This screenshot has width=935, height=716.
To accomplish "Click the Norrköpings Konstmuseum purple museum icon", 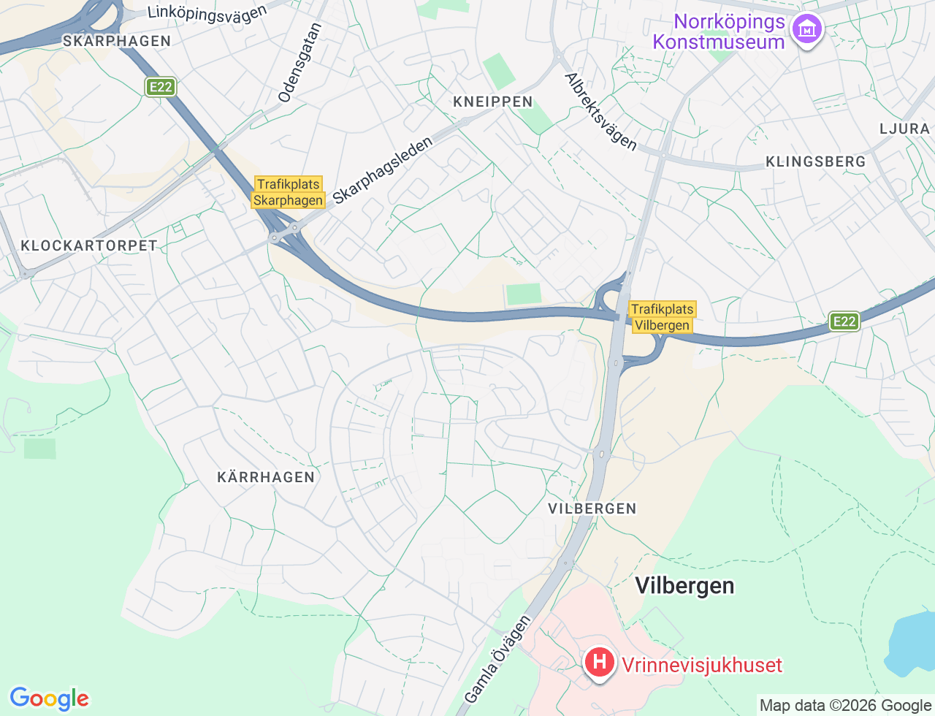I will tap(807, 30).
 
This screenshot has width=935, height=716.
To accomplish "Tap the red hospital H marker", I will tap(599, 663).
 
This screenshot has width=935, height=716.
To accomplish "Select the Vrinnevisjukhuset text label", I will tap(701, 665).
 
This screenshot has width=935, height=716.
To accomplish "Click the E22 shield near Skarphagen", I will tap(160, 88).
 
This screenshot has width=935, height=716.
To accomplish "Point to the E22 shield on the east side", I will tap(844, 321).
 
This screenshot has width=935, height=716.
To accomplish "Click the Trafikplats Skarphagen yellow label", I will tap(289, 192).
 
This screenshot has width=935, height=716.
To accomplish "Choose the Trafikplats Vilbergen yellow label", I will tap(662, 317).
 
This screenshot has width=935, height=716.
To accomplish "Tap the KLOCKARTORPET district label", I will tap(89, 245).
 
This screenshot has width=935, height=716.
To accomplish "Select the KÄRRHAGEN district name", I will tap(266, 477).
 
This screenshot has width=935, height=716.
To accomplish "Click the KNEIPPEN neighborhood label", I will tap(493, 102).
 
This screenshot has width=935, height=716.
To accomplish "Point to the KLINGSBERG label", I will tap(815, 161).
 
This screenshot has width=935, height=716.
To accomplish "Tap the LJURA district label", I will tap(904, 129).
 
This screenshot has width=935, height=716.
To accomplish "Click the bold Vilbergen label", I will tap(684, 585).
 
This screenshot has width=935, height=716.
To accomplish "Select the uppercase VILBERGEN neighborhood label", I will tap(592, 509).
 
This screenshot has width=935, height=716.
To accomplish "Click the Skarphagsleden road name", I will tap(382, 171).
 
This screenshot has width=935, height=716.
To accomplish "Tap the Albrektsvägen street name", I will tap(600, 112).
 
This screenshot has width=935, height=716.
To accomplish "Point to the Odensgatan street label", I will tap(299, 63).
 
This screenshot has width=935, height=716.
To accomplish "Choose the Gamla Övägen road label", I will tap(497, 659).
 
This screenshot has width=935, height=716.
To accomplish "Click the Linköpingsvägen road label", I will tap(207, 12).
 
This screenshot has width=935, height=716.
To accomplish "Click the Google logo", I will tap(49, 698).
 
